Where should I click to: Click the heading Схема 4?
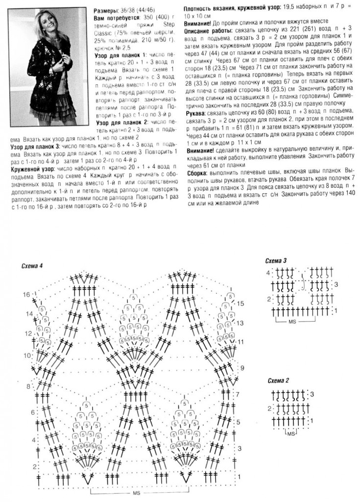(33, 265)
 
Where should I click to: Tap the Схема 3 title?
(275, 260)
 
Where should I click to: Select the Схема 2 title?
(279, 380)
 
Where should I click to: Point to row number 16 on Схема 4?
(26, 294)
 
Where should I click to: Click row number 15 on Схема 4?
(240, 304)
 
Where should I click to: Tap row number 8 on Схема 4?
(28, 387)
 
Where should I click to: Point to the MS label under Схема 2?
(290, 434)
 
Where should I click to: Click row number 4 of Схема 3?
(268, 272)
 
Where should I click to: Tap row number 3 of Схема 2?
(311, 394)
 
